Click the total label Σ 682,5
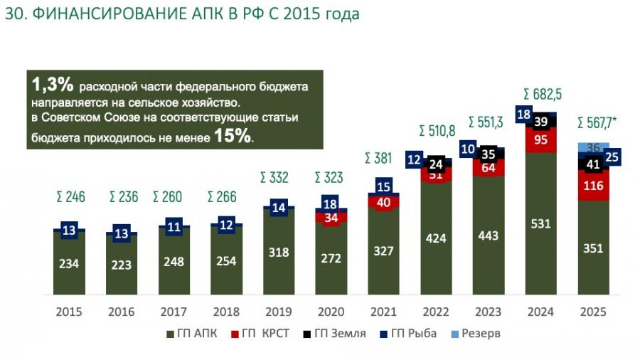(x=543, y=94)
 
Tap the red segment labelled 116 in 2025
(x=594, y=186)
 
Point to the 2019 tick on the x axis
(x=279, y=312)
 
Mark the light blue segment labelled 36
(x=594, y=148)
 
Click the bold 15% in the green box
(x=233, y=136)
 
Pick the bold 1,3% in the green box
(x=53, y=85)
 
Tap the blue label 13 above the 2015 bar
(x=70, y=229)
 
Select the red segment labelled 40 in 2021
(x=384, y=203)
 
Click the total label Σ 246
(x=70, y=197)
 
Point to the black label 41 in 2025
(x=594, y=164)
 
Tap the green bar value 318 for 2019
(x=279, y=252)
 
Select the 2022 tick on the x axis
(x=437, y=312)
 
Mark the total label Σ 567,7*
(x=598, y=122)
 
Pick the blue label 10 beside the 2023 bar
(x=468, y=149)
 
